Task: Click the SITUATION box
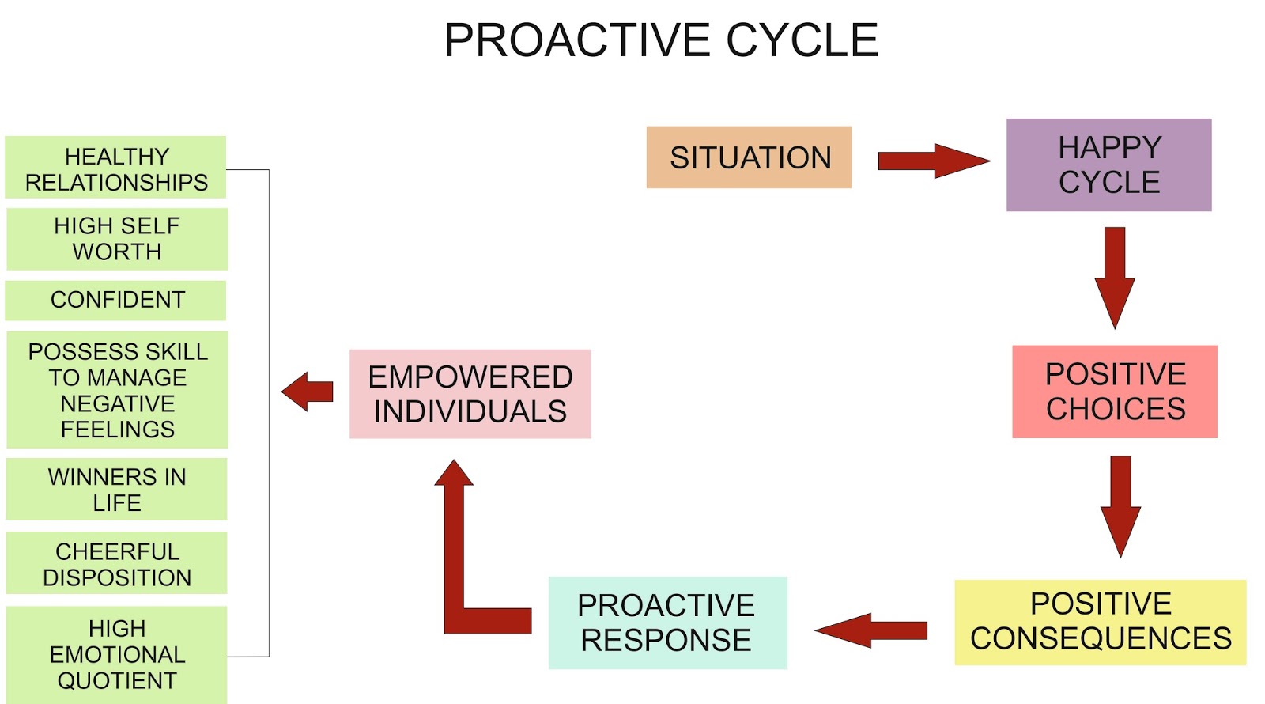click(x=749, y=157)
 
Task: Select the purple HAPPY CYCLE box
click(x=1108, y=165)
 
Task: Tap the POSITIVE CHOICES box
click(x=1115, y=392)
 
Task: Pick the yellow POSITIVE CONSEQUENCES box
click(x=1100, y=622)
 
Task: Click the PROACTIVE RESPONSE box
click(x=667, y=623)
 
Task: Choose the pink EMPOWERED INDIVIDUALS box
click(x=470, y=394)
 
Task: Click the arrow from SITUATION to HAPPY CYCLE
click(x=933, y=161)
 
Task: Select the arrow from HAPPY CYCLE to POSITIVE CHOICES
click(x=1115, y=277)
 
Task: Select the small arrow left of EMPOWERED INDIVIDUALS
click(x=308, y=392)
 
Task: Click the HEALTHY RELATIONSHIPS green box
click(x=116, y=168)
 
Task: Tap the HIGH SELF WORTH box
click(x=117, y=239)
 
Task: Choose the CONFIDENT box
click(x=116, y=300)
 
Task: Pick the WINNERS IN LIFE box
click(x=116, y=490)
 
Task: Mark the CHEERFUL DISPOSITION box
click(x=116, y=564)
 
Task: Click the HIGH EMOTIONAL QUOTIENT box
click(x=116, y=654)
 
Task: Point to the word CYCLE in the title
click(x=802, y=40)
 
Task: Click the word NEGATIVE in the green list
click(x=117, y=403)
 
